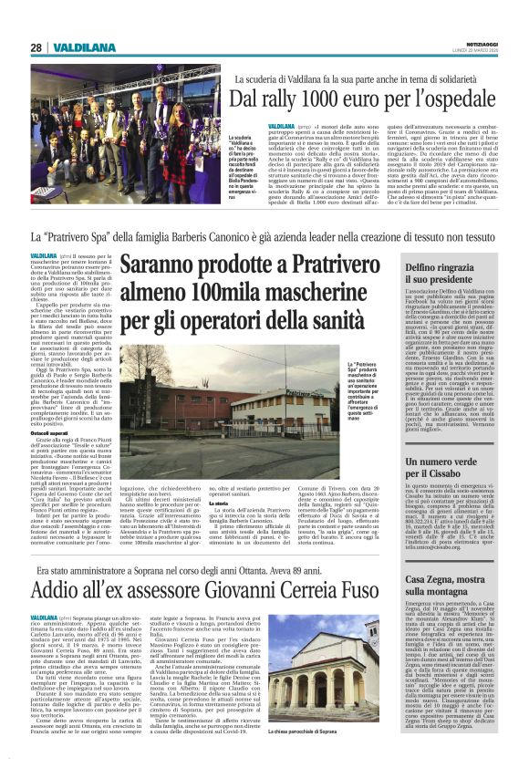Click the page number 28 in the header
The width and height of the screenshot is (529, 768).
click(x=36, y=47)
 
